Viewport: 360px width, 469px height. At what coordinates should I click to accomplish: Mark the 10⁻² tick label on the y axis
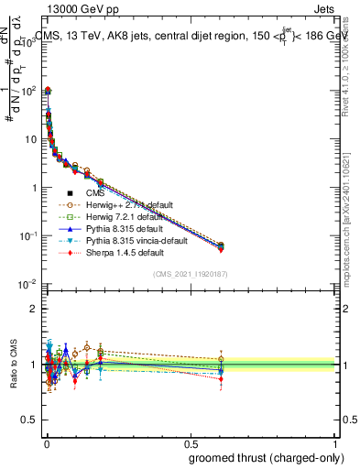click(x=26, y=284)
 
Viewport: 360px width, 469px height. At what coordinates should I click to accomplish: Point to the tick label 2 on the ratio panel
click(x=33, y=309)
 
